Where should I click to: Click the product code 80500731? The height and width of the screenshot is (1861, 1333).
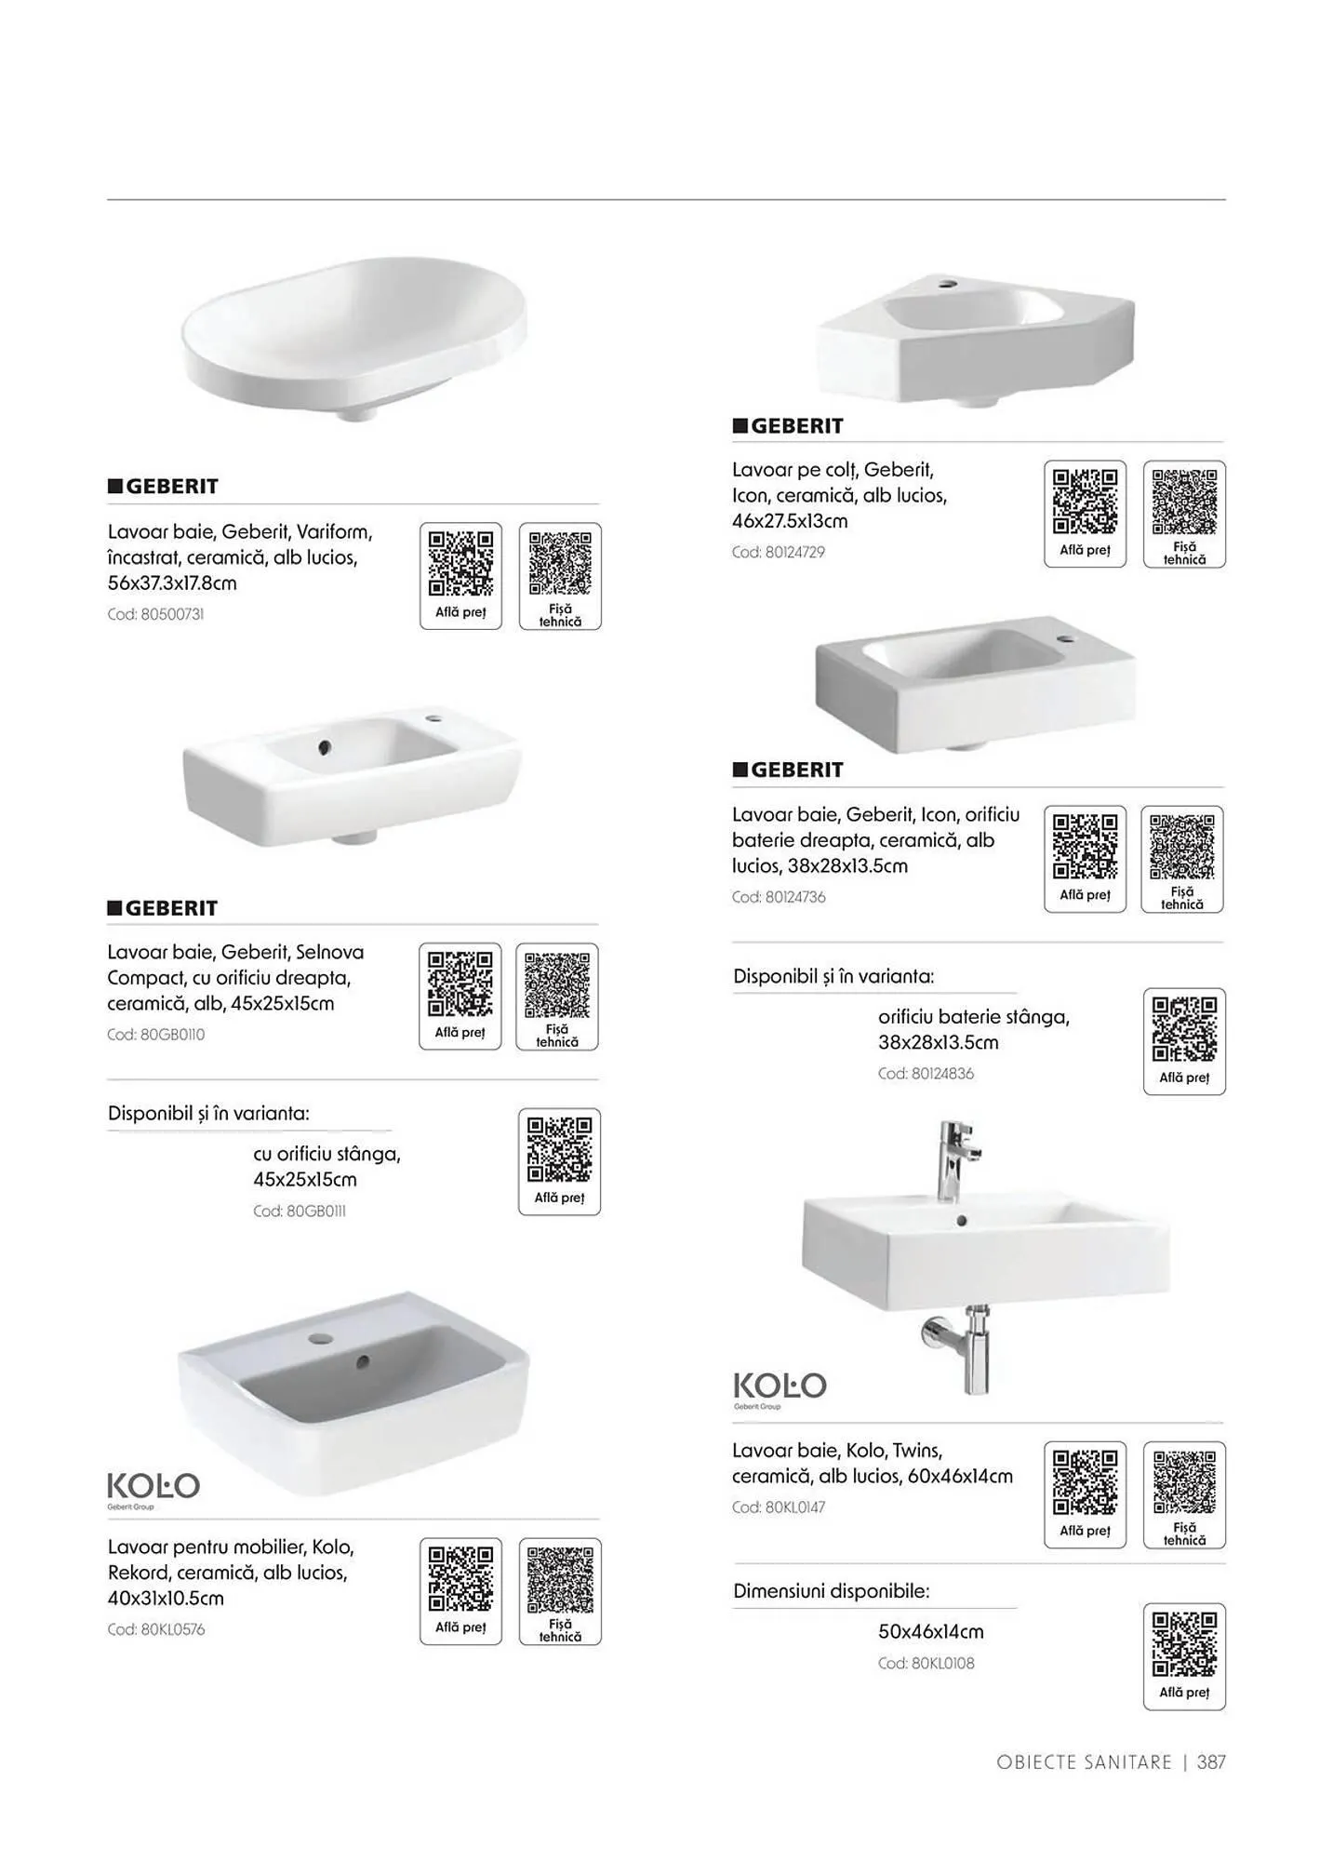156,614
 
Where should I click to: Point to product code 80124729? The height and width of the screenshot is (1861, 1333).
779,552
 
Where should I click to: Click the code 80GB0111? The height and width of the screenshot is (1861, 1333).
300,1211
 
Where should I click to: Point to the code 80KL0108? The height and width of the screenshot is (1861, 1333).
926,1663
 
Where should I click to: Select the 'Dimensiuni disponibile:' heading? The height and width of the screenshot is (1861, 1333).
832,1590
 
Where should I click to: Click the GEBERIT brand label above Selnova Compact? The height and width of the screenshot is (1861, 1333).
163,908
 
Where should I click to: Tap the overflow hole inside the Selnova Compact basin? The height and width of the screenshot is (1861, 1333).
324,746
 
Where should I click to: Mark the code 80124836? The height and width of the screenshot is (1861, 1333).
926,1073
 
